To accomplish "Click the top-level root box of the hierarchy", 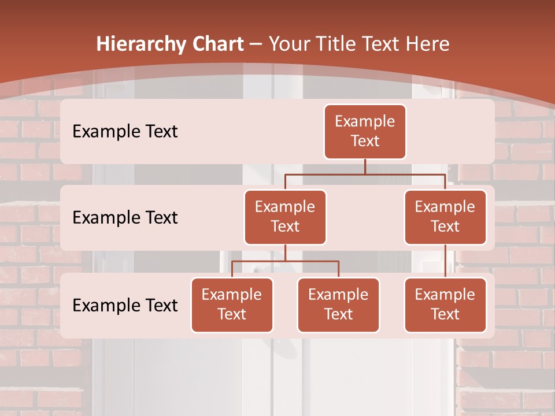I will point(365,131).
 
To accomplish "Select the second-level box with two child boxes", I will point(285,217).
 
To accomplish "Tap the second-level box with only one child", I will point(445,217).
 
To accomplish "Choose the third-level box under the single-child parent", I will point(445,304).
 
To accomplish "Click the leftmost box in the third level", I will point(232,304).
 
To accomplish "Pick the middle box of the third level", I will point(338,304).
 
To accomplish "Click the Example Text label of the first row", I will point(125,131).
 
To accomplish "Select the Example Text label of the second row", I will point(125,217).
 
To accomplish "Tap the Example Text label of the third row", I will point(125,305).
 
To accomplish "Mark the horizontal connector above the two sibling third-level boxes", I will point(285,261).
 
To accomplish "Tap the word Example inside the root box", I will point(365,121).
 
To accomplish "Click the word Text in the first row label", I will point(158,131).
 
